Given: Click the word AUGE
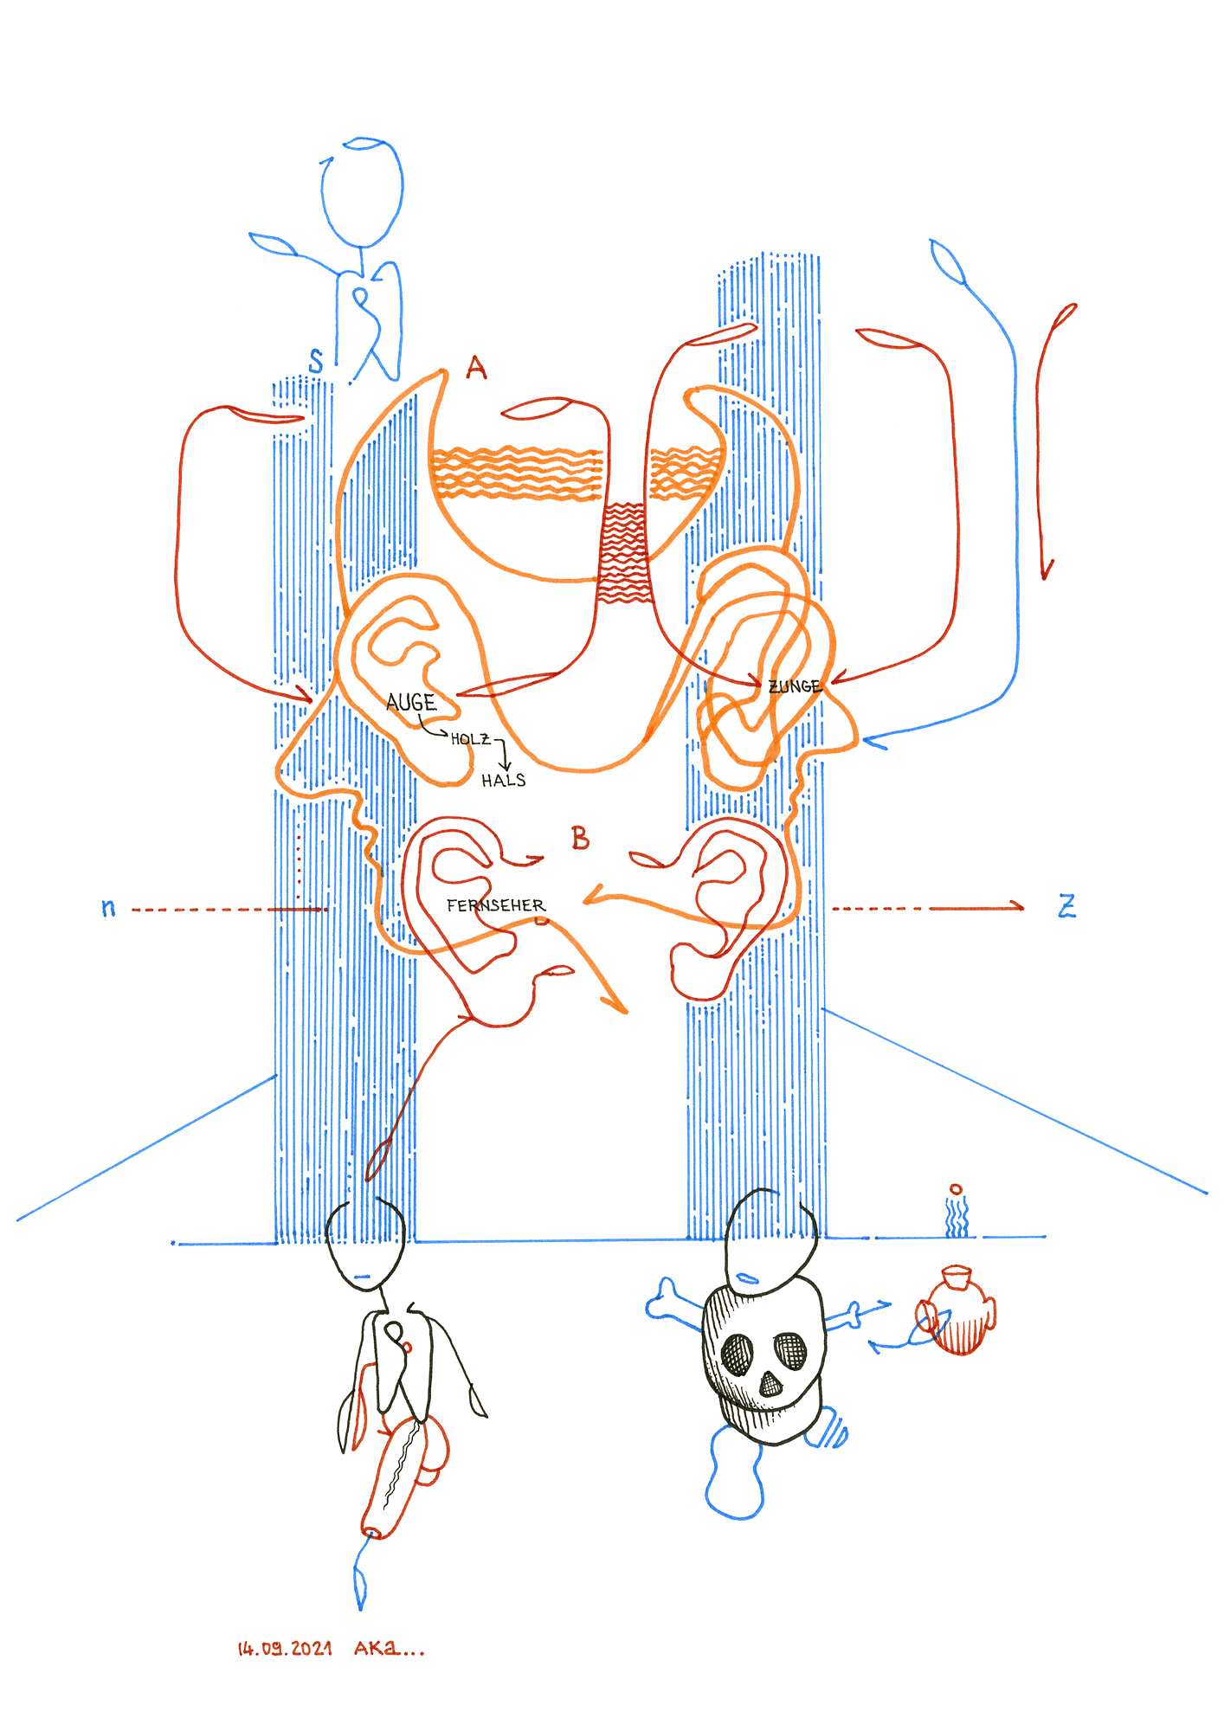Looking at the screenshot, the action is point(411,702).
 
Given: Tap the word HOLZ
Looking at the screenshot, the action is point(470,738).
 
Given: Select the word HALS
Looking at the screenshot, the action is point(504,781).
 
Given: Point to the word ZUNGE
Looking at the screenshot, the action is point(795,686).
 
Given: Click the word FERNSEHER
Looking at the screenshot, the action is point(496,905).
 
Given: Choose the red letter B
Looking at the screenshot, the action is point(580,838).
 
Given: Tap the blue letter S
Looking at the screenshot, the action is point(316,361).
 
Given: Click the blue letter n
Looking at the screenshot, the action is point(108,908).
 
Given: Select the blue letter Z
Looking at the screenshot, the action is point(1067,906).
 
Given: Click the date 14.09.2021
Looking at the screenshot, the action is point(285,1649).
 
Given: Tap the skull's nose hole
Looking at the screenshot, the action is point(770,1385).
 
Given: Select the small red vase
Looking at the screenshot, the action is point(956,1310).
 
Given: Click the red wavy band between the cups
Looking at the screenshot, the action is point(622,552).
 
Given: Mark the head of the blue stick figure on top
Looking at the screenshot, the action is point(362,191).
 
